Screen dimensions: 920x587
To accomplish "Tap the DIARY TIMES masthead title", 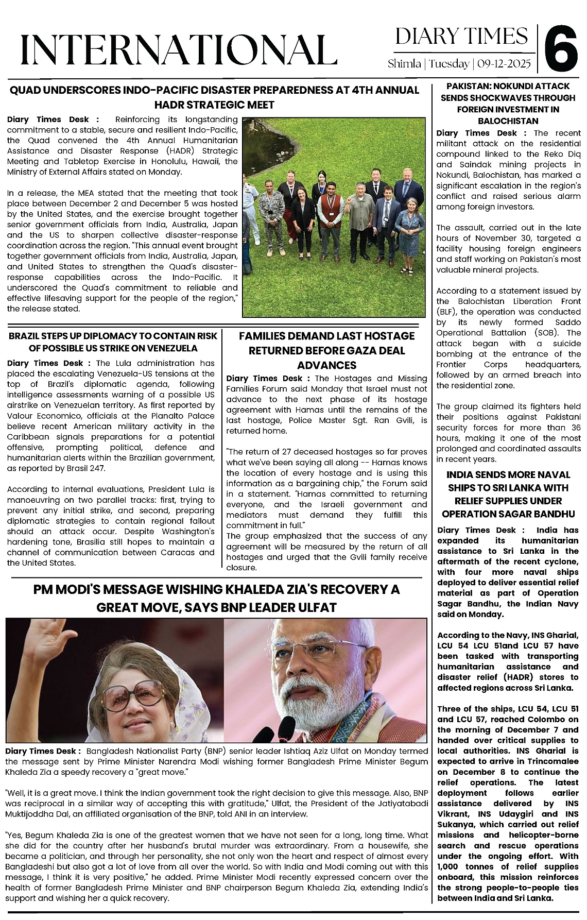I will click(461, 36).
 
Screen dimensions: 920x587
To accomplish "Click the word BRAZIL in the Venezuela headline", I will click(24, 336).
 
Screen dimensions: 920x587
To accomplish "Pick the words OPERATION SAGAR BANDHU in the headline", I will click(508, 514).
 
